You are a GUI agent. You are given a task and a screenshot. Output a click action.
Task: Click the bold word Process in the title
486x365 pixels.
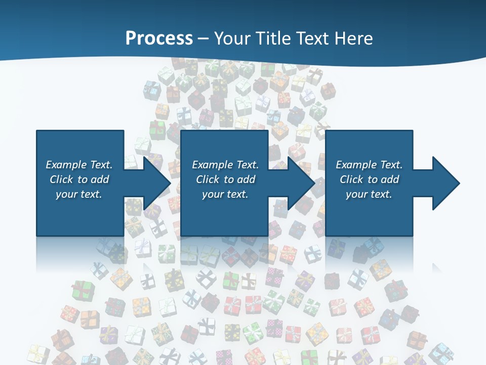(x=159, y=39)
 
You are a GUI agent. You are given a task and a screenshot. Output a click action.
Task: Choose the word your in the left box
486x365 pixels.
(x=66, y=194)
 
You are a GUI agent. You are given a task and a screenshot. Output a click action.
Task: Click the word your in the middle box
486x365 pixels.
(x=213, y=194)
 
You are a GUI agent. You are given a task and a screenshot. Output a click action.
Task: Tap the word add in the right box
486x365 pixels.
(x=390, y=179)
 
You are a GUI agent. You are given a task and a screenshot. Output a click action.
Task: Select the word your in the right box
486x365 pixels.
(x=356, y=194)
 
